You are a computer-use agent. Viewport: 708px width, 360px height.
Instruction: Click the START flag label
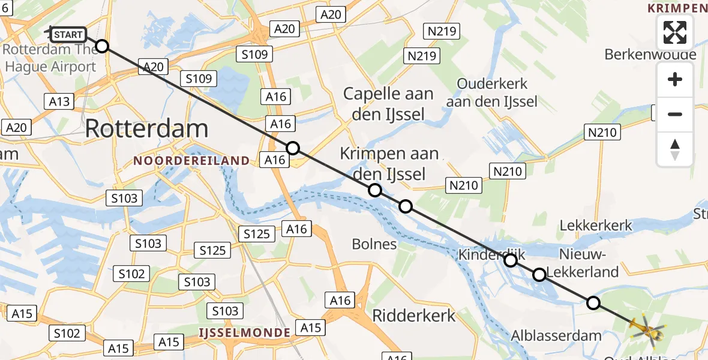[x=67, y=35]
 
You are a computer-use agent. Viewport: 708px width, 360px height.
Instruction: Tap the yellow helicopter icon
[x=646, y=329]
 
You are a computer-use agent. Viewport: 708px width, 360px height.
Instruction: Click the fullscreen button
[x=675, y=32]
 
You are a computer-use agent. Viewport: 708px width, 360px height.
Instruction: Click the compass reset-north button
[x=675, y=149]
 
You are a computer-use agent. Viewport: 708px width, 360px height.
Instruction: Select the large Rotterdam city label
[x=147, y=128]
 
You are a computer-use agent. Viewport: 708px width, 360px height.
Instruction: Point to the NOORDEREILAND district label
[x=191, y=161]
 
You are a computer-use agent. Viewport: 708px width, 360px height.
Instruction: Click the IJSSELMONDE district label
[x=245, y=332]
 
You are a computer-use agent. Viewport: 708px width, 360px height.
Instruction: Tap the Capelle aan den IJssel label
[x=388, y=104]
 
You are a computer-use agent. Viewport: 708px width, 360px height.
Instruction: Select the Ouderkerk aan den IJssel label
[x=492, y=92]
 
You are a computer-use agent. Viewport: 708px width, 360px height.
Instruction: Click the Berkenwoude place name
[x=650, y=55]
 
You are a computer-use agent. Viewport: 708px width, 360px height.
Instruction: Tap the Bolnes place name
[x=375, y=244]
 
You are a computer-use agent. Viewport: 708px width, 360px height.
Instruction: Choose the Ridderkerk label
[x=414, y=316]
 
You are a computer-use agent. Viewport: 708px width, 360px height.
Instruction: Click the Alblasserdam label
[x=556, y=335]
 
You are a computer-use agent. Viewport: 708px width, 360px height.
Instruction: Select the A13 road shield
[x=59, y=101]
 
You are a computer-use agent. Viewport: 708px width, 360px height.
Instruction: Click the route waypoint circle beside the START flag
[x=102, y=46]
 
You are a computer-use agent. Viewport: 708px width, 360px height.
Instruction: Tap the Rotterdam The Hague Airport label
[x=51, y=58]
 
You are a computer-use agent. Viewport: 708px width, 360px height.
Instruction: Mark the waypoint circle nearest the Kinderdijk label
[x=511, y=260]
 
